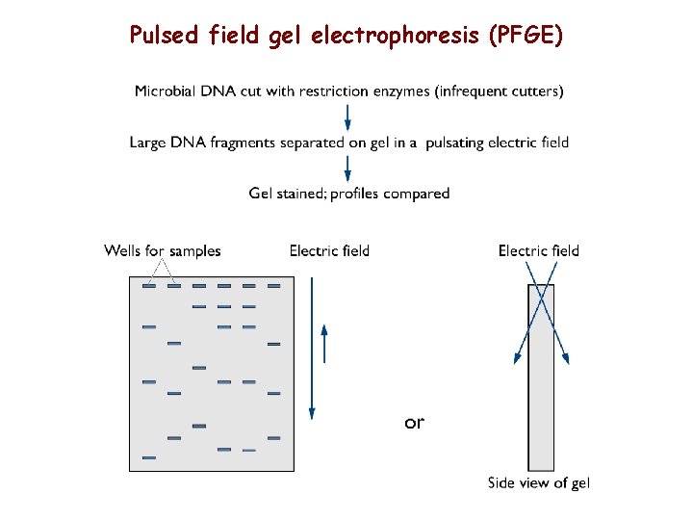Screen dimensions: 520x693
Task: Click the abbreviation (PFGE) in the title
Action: (526, 36)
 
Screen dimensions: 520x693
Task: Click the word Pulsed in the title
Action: (165, 36)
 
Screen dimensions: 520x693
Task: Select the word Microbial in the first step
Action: (167, 91)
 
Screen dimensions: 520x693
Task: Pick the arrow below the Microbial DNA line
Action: (347, 117)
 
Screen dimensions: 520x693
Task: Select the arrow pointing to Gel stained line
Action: (347, 169)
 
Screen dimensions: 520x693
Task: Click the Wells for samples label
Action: (163, 251)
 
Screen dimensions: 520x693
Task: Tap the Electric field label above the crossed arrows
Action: (539, 251)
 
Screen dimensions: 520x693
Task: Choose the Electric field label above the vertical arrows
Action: (329, 251)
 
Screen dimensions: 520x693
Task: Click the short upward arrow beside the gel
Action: (324, 343)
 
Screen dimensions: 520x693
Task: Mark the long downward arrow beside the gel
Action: (311, 348)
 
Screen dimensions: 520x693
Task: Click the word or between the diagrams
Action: (414, 422)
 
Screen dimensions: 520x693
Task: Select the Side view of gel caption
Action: (539, 483)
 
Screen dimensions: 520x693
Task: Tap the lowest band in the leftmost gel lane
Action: (149, 457)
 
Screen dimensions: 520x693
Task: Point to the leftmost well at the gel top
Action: (149, 286)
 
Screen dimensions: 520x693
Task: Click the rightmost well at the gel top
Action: (273, 286)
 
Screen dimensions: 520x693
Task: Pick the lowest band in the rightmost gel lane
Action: (273, 438)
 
